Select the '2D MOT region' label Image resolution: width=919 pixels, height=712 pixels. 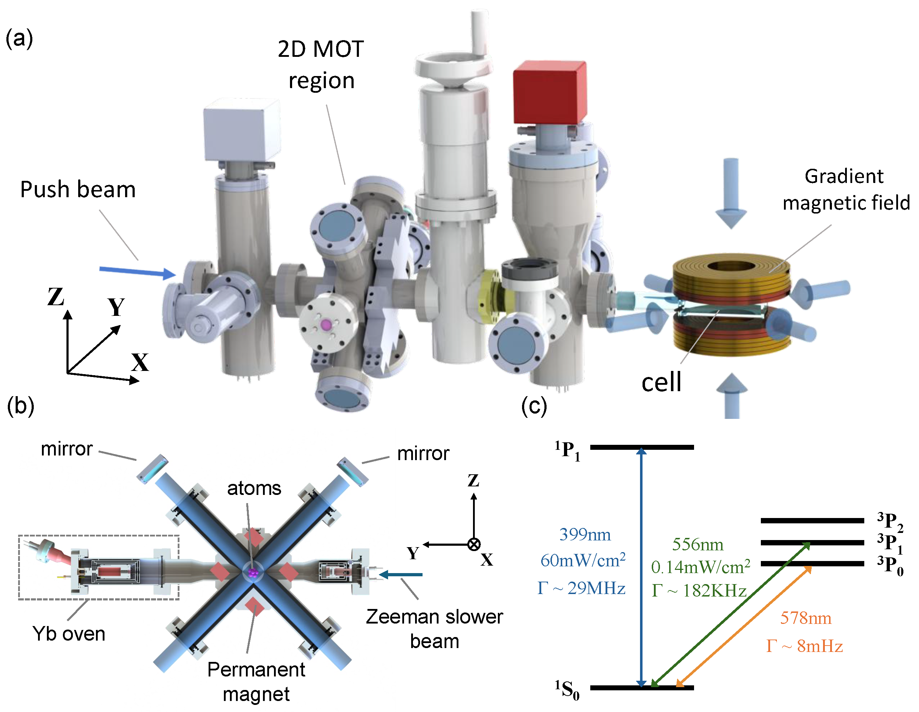pyautogui.click(x=321, y=64)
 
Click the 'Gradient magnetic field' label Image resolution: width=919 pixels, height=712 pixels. pyautogui.click(x=845, y=189)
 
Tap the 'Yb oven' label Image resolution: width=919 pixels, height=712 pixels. pyautogui.click(x=69, y=633)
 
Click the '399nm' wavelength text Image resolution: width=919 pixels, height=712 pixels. pyautogui.click(x=585, y=535)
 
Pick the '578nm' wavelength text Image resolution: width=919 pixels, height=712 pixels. pyautogui.click(x=805, y=618)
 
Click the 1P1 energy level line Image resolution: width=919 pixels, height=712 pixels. pyautogui.click(x=642, y=447)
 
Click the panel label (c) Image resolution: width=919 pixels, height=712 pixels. pyautogui.click(x=534, y=406)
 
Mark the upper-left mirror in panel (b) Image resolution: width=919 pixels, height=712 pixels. pyautogui.click(x=152, y=469)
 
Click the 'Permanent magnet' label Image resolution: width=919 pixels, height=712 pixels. pyautogui.click(x=256, y=682)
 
